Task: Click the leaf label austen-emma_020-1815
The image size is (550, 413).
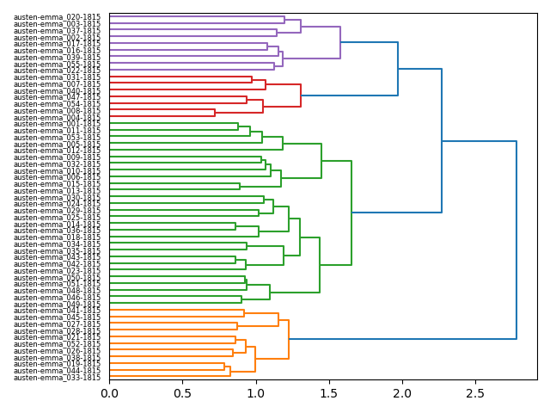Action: pos(57,17)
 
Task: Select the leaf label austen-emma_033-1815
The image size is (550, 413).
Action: pos(57,378)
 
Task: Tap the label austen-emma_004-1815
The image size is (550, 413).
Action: pos(57,118)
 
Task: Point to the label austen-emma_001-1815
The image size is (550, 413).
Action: pos(57,124)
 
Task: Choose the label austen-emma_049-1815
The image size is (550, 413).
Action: pos(57,305)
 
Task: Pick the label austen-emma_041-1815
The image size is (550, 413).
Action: pos(57,311)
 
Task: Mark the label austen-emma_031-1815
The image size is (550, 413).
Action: pos(57,77)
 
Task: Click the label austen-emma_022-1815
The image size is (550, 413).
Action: pos(57,71)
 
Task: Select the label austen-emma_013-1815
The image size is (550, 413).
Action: pos(57,191)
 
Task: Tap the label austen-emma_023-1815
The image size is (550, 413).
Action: pos(57,271)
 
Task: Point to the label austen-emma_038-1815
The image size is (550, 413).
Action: pos(57,358)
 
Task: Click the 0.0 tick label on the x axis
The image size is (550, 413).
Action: pos(109,394)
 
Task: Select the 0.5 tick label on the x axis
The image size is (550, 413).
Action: pos(182,394)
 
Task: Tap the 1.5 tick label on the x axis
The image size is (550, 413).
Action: pos(329,394)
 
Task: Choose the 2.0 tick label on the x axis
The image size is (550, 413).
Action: pos(402,394)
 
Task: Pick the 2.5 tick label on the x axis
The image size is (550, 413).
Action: pos(475,394)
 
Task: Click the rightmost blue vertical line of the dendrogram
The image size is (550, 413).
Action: pos(516,240)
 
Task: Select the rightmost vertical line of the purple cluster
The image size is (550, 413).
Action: pos(340,43)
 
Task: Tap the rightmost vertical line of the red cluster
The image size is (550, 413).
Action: pos(301,96)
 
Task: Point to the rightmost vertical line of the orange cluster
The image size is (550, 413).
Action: pos(289,339)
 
